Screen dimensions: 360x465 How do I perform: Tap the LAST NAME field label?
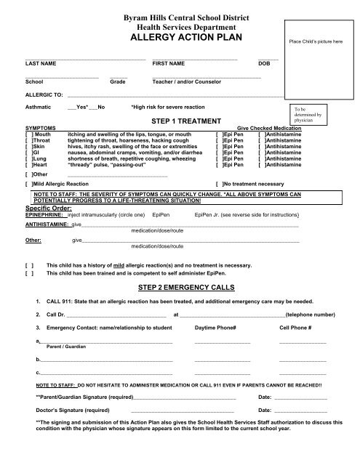click(x=41, y=64)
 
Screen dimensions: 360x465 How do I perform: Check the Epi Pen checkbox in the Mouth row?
click(x=218, y=134)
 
